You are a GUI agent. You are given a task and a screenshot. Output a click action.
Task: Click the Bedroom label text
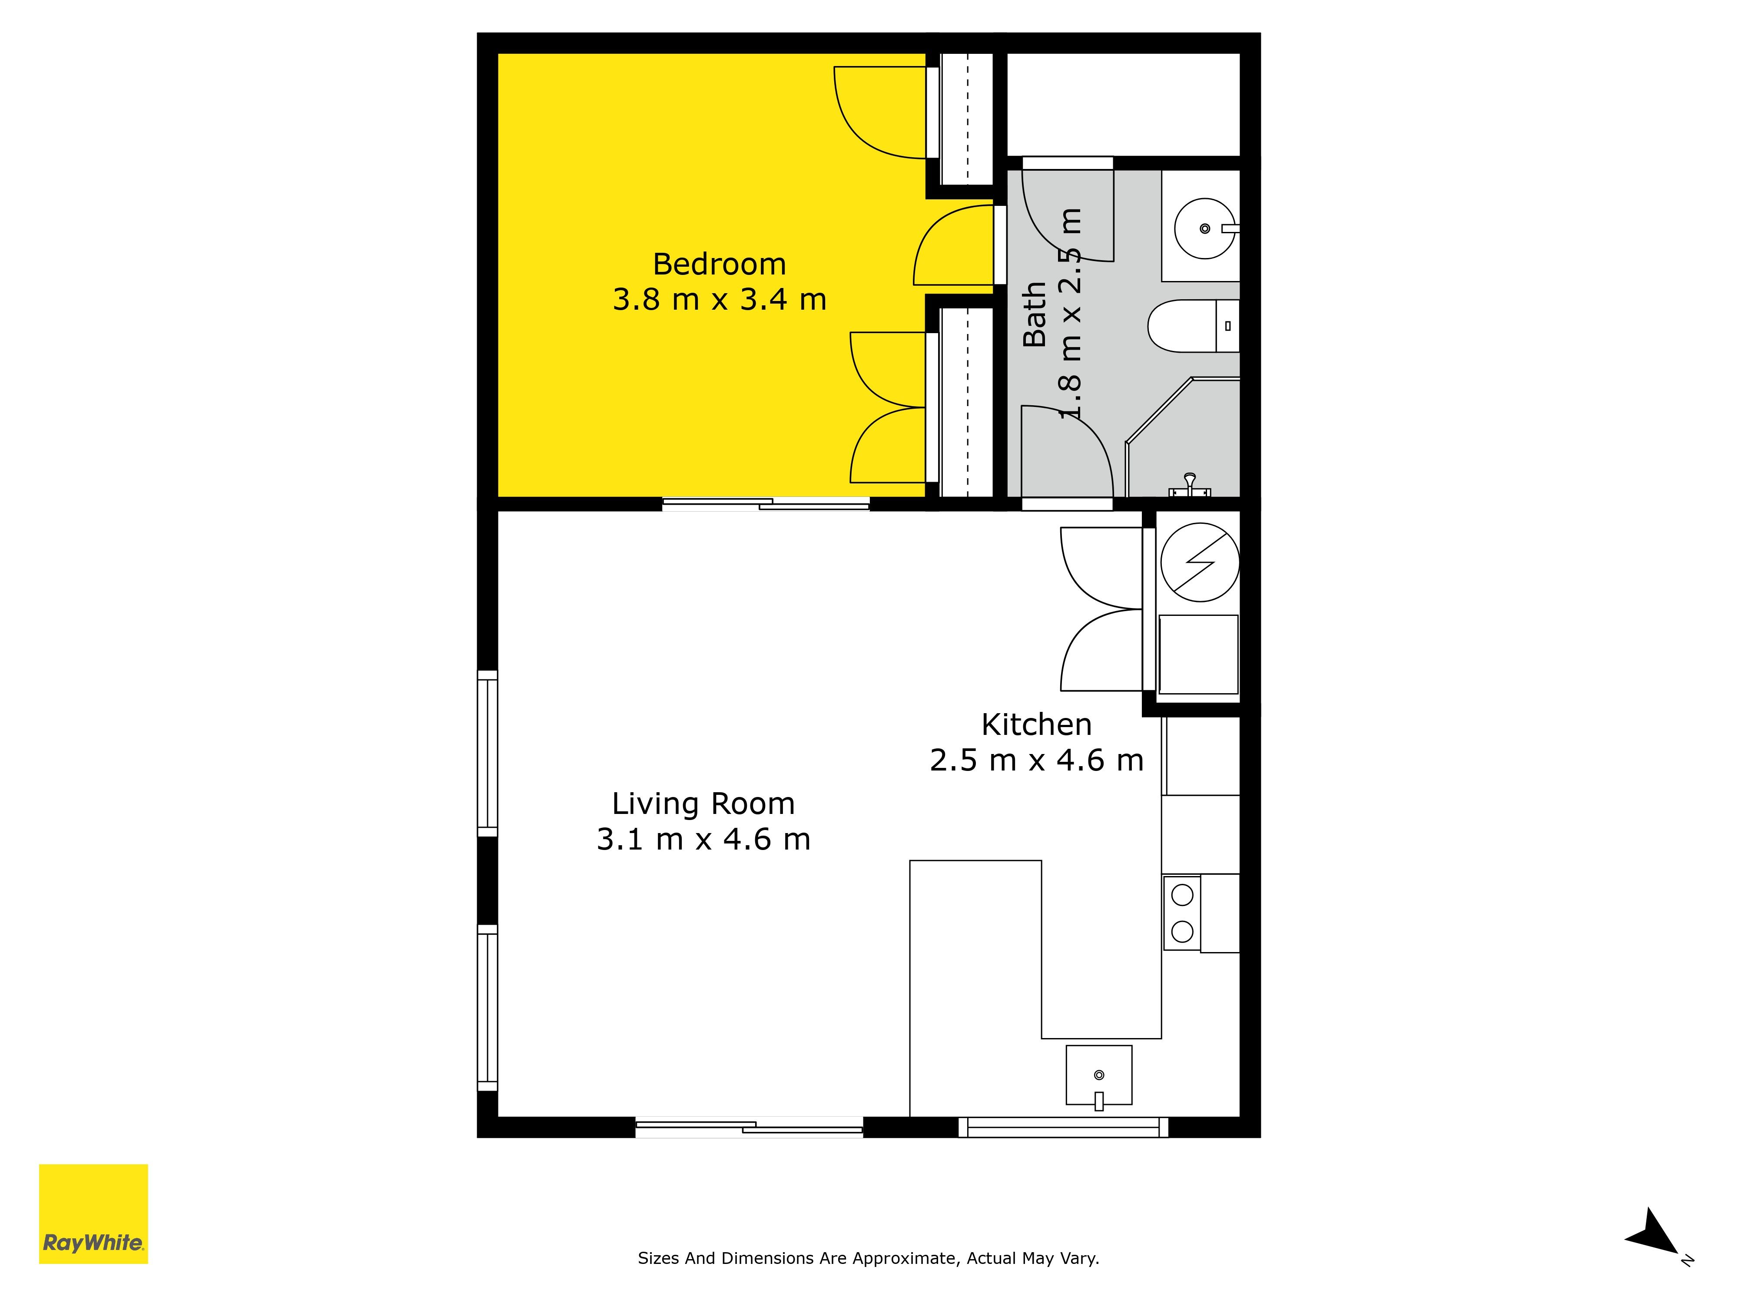pyautogui.click(x=719, y=265)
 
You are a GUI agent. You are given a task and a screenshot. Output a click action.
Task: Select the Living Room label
pyautogui.click(x=703, y=804)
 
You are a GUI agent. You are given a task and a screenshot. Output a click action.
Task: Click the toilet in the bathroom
pyautogui.click(x=1194, y=326)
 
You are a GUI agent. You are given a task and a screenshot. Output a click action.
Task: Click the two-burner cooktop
pyautogui.click(x=1182, y=913)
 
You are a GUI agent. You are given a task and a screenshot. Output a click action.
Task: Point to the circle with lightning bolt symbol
pyautogui.click(x=1200, y=562)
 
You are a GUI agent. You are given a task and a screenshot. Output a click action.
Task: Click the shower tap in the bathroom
pyautogui.click(x=1190, y=486)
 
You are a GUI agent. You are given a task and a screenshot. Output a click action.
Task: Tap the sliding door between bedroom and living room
pyautogui.click(x=766, y=504)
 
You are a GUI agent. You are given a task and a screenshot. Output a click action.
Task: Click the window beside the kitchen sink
pyautogui.click(x=1063, y=1127)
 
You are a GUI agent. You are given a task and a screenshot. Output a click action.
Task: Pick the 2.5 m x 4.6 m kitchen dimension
pyautogui.click(x=1036, y=760)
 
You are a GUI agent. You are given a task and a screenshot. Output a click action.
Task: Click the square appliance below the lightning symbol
pyautogui.click(x=1198, y=654)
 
